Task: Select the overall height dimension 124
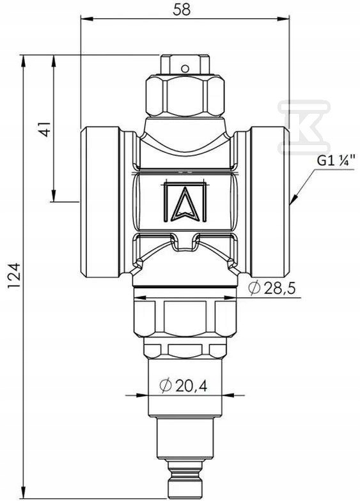(14, 276)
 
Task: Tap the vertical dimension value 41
(45, 129)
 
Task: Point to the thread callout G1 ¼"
(335, 160)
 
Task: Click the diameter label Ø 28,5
(272, 288)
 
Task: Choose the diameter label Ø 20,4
(183, 386)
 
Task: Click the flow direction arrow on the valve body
(185, 202)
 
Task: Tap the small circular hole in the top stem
(184, 68)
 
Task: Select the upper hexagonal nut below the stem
(185, 96)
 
